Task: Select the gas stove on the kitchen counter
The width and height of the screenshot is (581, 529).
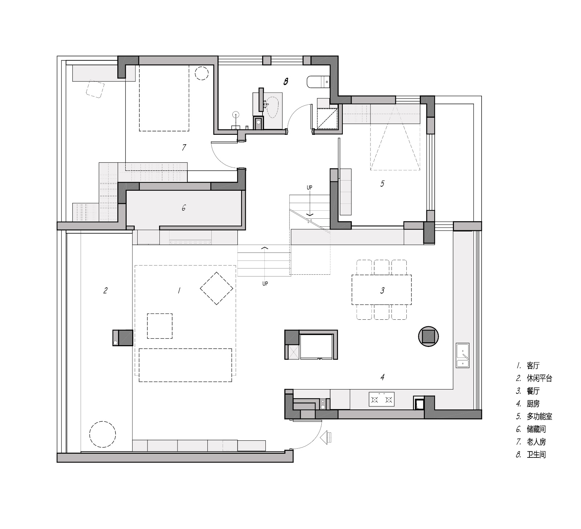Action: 382,399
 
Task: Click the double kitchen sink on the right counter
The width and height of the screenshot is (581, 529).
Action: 463,355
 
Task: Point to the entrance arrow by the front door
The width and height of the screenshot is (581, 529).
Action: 326,437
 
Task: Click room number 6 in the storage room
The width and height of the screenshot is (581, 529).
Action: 184,208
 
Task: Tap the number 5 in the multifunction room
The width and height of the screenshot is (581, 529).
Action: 382,183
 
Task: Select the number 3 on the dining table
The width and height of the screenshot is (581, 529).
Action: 382,290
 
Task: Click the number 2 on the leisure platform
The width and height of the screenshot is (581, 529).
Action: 105,290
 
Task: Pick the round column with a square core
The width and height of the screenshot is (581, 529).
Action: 429,336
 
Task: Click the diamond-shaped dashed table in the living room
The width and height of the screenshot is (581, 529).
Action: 217,288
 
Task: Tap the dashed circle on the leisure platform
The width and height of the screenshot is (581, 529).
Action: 103,434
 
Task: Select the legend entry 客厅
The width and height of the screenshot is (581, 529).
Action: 533,366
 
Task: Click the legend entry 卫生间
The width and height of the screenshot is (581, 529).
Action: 536,455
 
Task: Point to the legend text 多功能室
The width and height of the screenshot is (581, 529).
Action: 539,416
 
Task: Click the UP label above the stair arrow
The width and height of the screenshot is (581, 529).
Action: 309,188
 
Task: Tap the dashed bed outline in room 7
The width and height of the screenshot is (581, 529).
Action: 164,98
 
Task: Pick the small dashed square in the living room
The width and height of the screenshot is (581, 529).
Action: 160,326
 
